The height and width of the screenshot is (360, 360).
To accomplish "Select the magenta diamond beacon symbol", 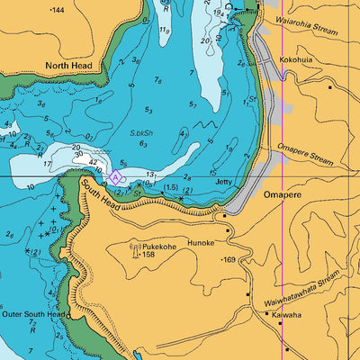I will (x=115, y=176).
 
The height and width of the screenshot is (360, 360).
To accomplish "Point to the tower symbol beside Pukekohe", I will (x=136, y=249).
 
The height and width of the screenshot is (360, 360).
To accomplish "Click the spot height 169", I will (x=229, y=259).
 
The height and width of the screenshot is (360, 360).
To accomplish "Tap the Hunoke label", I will (x=201, y=242).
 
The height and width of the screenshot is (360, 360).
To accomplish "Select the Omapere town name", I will (x=281, y=194).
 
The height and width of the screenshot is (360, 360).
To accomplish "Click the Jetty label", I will (x=226, y=182).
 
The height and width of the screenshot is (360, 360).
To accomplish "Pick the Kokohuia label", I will (x=296, y=59).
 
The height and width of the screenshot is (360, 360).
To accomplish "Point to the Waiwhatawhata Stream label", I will (x=303, y=286).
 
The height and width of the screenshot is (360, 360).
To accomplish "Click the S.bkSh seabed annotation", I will (x=140, y=132).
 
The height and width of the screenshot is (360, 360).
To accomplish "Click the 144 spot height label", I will (x=56, y=10).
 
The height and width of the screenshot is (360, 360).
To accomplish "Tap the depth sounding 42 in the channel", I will (x=93, y=162).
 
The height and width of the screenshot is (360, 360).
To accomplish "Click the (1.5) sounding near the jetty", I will (x=171, y=187).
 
